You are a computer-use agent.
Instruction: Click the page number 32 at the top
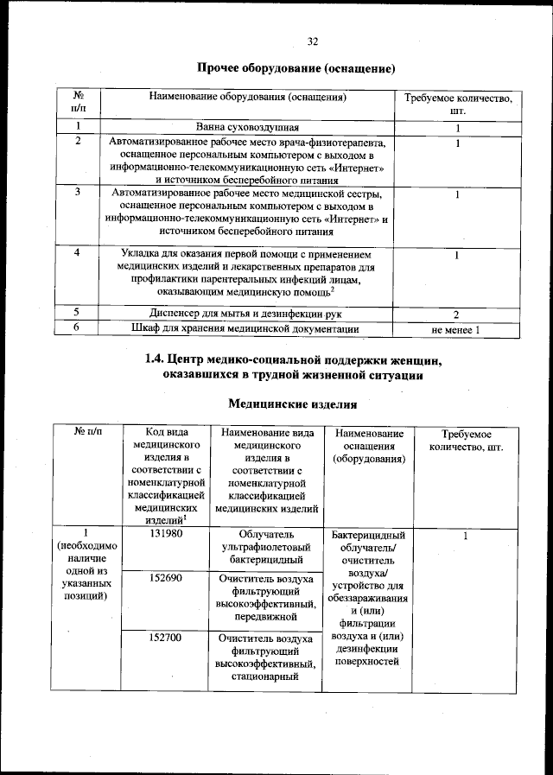pyautogui.click(x=313, y=41)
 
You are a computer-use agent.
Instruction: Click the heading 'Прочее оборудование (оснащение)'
pyautogui.click(x=296, y=67)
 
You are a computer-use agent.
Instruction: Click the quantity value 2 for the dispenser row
pyautogui.click(x=456, y=314)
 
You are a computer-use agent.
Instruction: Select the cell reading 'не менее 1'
pyautogui.click(x=456, y=329)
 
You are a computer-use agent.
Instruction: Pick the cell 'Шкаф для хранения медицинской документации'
pyautogui.click(x=245, y=328)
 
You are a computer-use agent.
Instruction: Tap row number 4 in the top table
pyautogui.click(x=78, y=253)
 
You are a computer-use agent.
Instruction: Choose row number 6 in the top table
pyautogui.click(x=78, y=328)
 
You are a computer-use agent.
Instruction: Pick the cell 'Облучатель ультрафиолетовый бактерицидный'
pyautogui.click(x=265, y=548)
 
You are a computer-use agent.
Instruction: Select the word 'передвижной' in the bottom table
pyautogui.click(x=265, y=617)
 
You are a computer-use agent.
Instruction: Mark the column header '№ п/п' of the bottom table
pyautogui.click(x=85, y=433)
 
